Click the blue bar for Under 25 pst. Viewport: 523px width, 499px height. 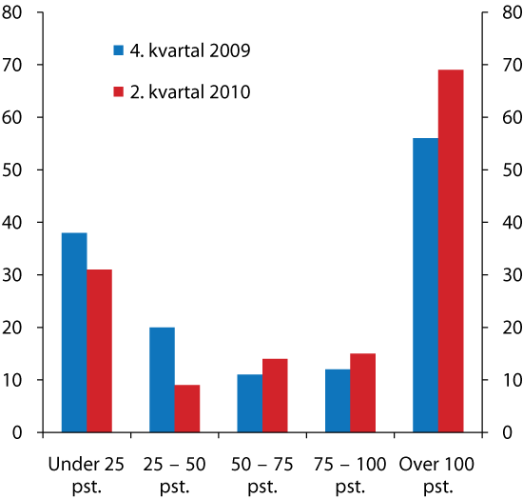(x=74, y=332)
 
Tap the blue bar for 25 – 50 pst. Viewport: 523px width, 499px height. (x=162, y=380)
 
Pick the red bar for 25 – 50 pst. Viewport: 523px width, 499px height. (x=186, y=409)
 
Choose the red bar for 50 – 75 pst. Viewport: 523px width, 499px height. (x=275, y=395)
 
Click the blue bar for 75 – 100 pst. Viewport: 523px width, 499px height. (x=338, y=401)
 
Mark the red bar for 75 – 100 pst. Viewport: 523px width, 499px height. (x=362, y=392)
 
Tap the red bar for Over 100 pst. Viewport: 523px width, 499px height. (x=451, y=250)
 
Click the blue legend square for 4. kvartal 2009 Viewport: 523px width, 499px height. (x=119, y=50)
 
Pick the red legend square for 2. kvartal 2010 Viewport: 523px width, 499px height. (x=119, y=92)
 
